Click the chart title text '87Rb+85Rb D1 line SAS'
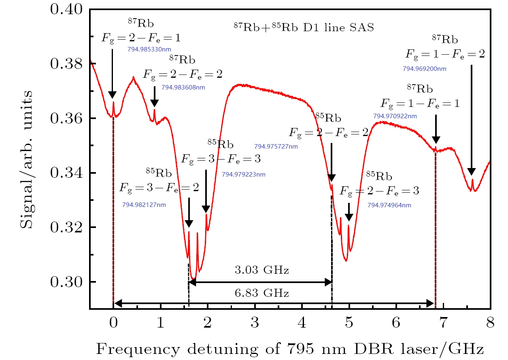304,28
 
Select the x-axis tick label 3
255,323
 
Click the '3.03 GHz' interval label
262,270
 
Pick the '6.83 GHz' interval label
262,293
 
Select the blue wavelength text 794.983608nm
183,87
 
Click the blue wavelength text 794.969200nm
425,69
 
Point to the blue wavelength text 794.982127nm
144,205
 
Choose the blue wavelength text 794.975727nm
276,147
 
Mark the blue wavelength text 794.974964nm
389,205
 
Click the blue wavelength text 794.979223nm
244,175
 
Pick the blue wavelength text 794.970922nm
395,116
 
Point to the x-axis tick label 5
349,323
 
